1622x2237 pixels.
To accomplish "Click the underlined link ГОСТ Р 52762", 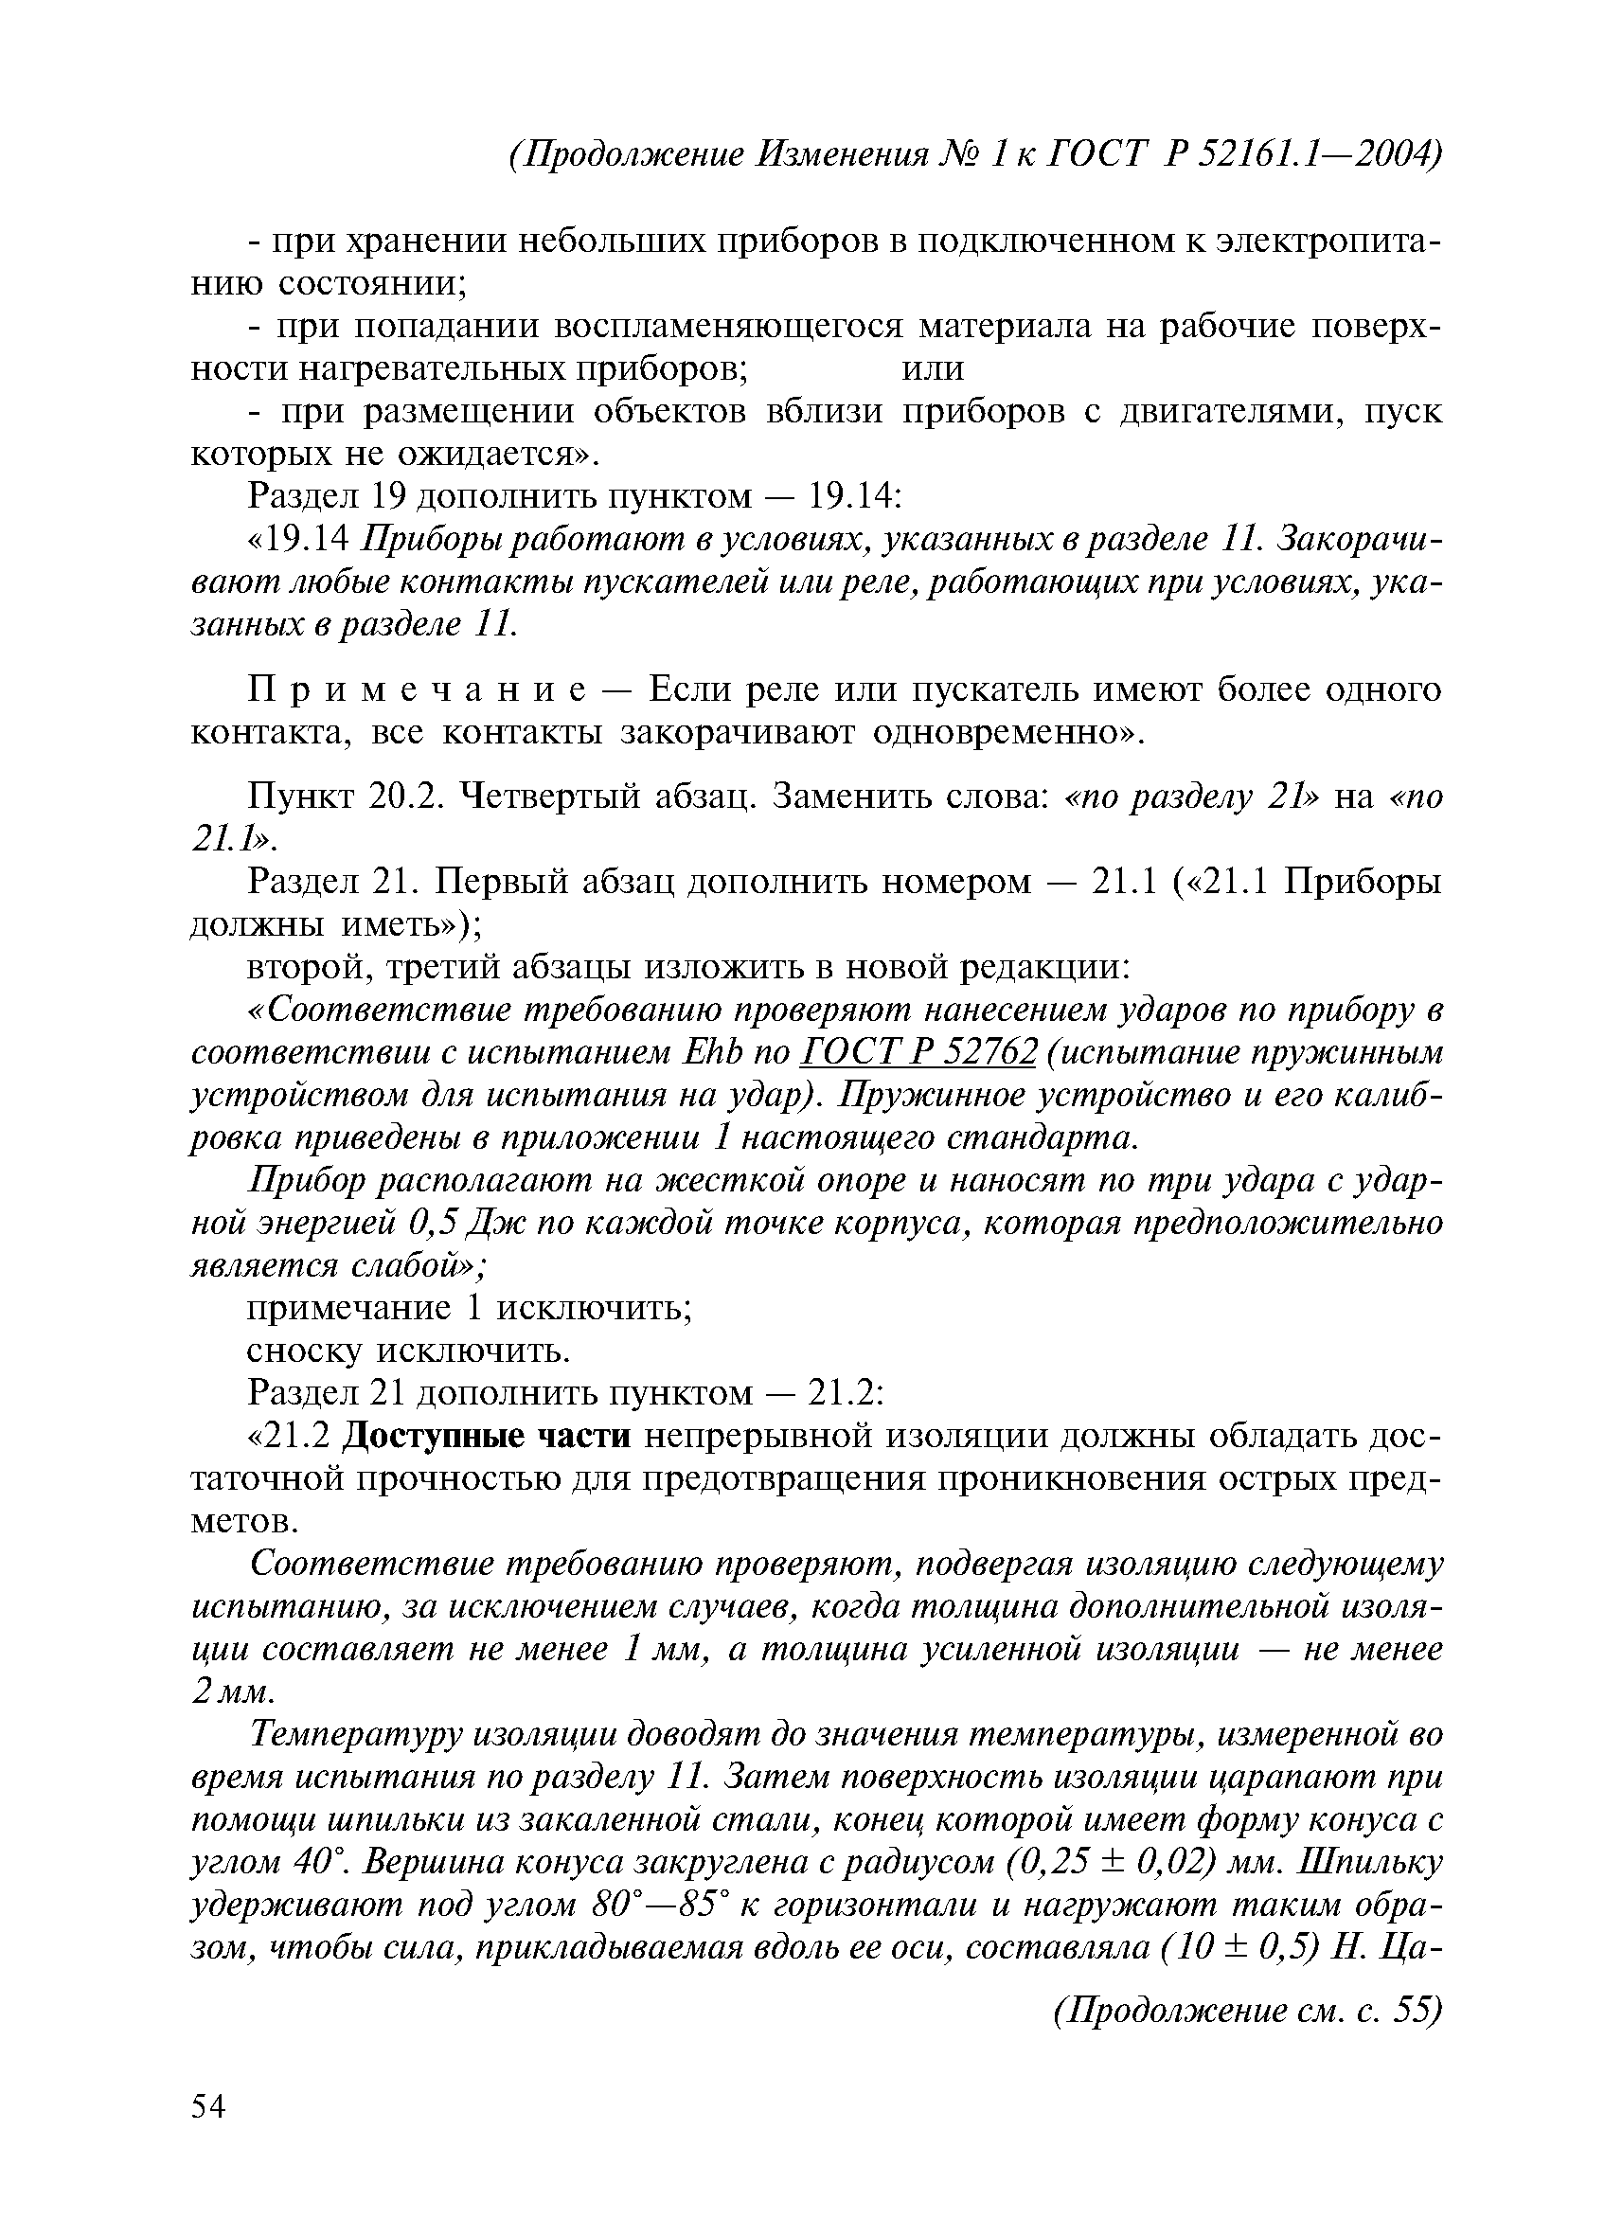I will click(919, 1052).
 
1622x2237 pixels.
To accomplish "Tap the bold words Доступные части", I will click(486, 1436).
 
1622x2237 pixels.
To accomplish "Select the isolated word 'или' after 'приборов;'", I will click(933, 367).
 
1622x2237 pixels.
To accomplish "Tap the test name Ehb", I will click(709, 1052).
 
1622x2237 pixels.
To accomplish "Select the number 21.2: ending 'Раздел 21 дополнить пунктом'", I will click(845, 1393).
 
